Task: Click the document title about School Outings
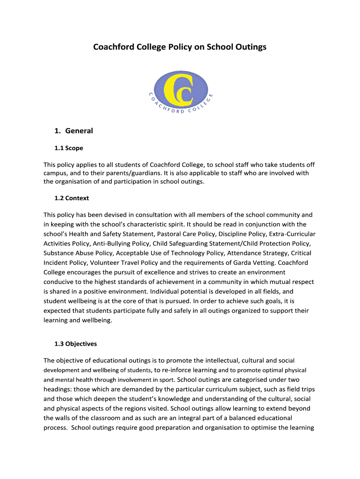[x=180, y=47]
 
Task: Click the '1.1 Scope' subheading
[x=69, y=148]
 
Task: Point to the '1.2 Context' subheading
[x=72, y=198]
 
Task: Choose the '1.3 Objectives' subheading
[x=76, y=344]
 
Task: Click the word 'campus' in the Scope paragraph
[x=56, y=173]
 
